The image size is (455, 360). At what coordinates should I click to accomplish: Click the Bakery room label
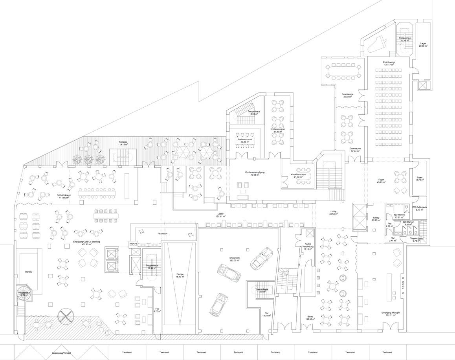pos(28,272)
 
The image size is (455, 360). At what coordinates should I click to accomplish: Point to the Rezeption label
pos(163,233)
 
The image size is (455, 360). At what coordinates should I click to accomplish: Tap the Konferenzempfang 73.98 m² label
pos(254,174)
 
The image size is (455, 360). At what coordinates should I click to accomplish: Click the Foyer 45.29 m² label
pos(380,180)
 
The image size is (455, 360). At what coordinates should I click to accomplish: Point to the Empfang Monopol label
pos(391,314)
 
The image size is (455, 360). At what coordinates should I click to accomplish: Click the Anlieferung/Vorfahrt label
pos(62,353)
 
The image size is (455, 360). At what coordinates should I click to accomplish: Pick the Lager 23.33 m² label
pos(423,45)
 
